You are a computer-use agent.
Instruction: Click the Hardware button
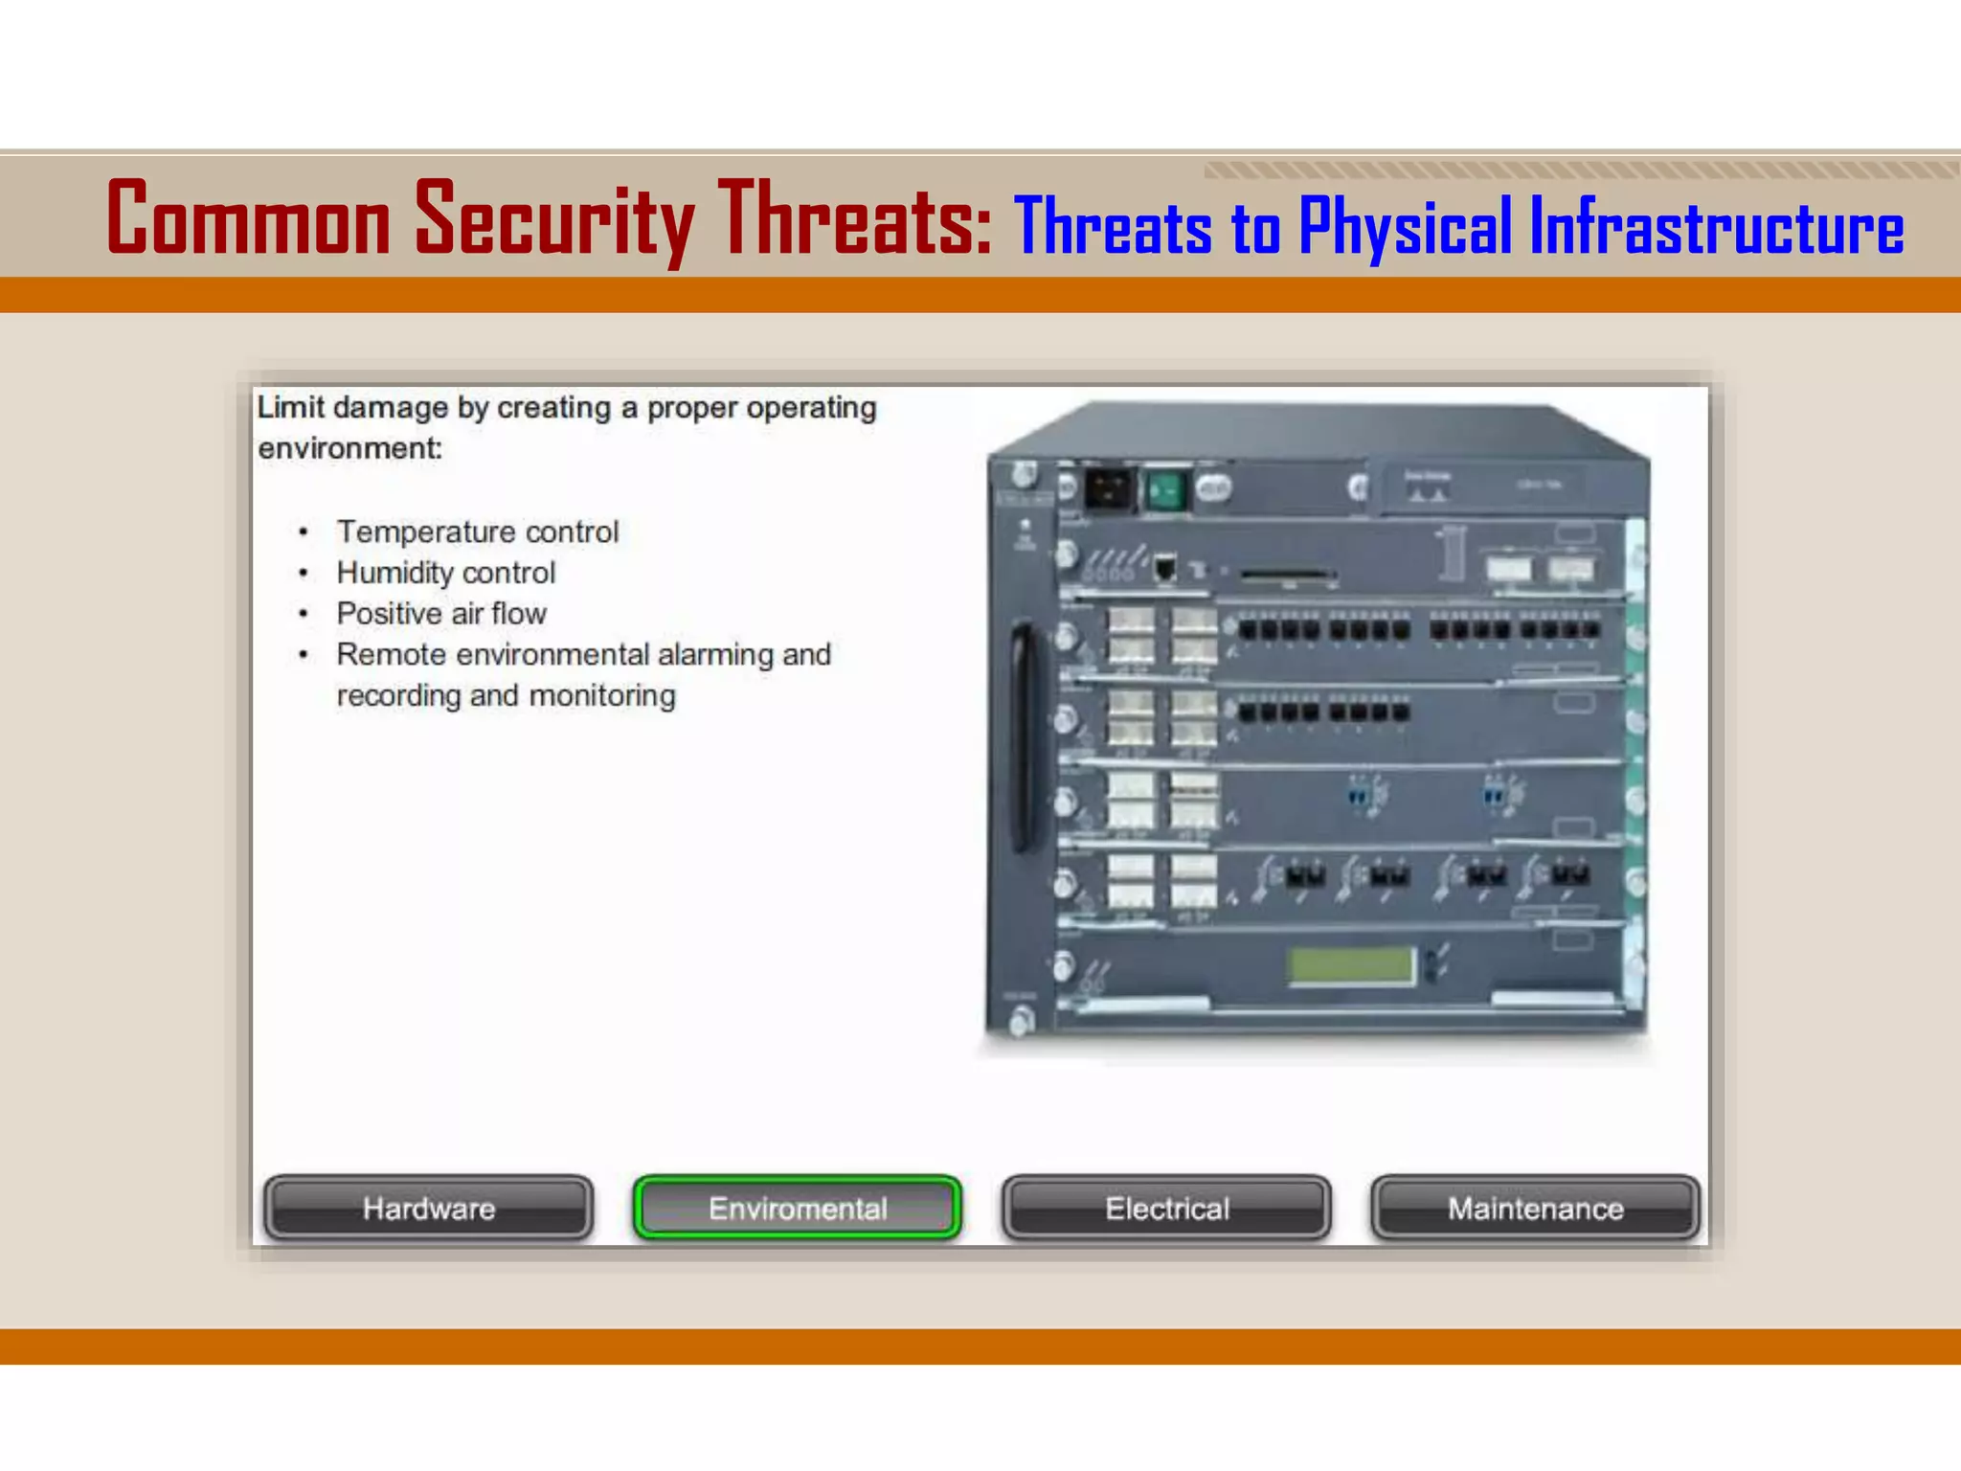[428, 1209]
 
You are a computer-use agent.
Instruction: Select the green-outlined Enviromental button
[798, 1209]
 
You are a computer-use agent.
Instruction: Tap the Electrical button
[1166, 1209]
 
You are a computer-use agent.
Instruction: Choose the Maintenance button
[1535, 1209]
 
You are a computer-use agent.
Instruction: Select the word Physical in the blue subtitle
[1405, 228]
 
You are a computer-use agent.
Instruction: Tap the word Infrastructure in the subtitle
[1716, 228]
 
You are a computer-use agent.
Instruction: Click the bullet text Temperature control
[477, 532]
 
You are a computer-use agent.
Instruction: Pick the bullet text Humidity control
[445, 573]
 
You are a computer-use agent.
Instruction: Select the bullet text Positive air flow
[440, 614]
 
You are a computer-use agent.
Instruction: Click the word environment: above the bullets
[349, 448]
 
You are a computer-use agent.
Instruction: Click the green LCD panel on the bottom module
[1351, 965]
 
